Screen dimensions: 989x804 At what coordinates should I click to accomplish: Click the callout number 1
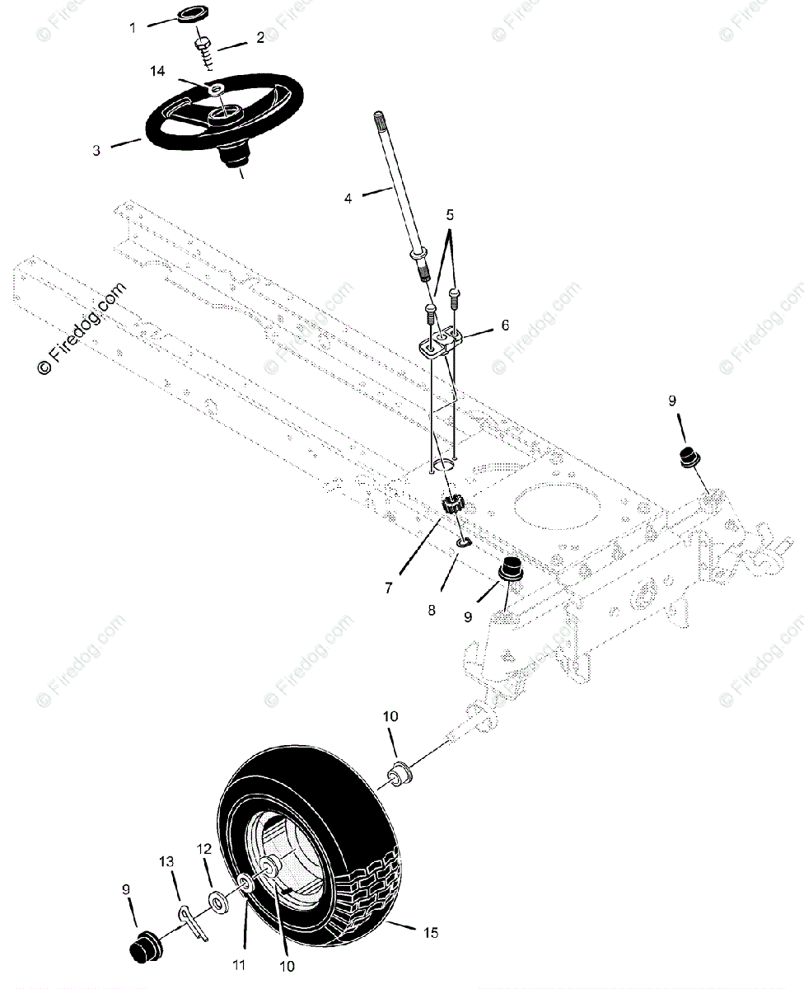[x=133, y=27]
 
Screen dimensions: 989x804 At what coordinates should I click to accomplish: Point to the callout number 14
[x=157, y=72]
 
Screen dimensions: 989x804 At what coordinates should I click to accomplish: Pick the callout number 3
[x=96, y=151]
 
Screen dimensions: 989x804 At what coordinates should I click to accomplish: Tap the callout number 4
[x=348, y=199]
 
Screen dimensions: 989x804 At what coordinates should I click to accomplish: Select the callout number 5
[x=450, y=215]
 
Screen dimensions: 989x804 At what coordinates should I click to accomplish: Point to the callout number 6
[x=505, y=326]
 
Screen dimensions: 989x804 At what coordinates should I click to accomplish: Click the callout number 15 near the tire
[x=430, y=933]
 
